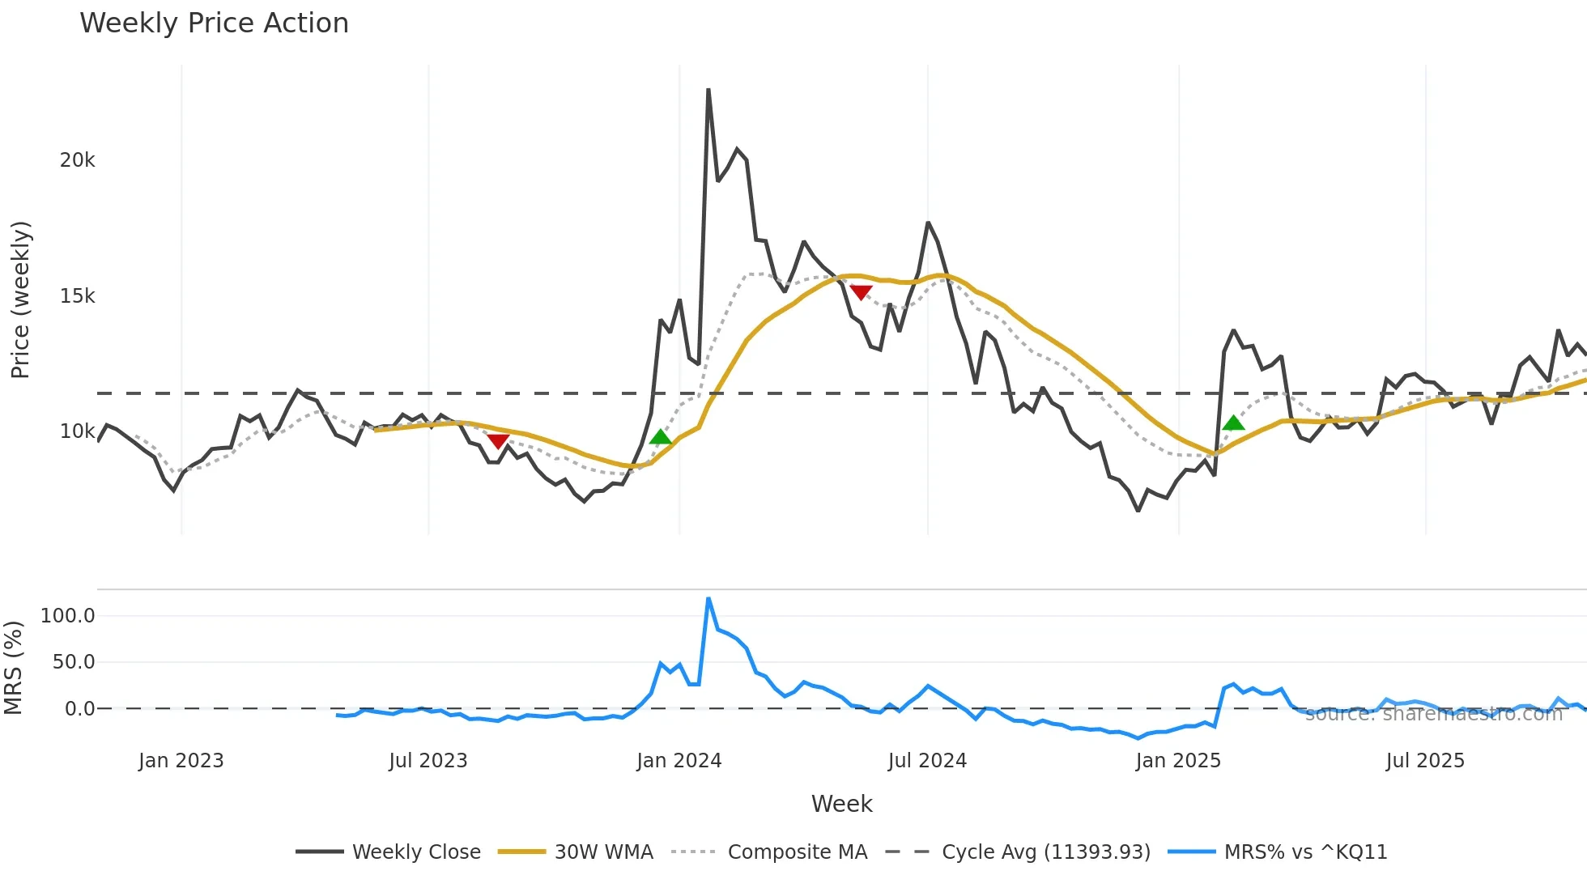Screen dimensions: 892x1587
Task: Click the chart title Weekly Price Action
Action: pos(214,23)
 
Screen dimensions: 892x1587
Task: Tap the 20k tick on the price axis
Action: pos(77,160)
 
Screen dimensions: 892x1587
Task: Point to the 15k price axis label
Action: pos(77,296)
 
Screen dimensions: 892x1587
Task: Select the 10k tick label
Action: pos(77,431)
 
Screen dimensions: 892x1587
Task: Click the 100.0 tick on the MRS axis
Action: pos(67,616)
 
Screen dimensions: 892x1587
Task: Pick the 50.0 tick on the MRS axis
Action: pos(73,662)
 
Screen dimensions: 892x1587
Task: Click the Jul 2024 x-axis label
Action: pos(927,761)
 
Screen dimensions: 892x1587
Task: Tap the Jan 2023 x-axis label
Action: pos(181,761)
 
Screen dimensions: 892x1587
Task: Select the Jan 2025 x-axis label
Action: pos(1177,761)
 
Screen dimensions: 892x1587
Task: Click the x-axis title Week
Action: pos(841,804)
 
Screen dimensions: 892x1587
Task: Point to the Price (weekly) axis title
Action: pos(20,299)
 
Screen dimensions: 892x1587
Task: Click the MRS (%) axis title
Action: pos(13,668)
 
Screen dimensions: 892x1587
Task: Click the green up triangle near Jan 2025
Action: pos(1233,423)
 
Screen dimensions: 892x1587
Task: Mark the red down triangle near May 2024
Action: pos(861,292)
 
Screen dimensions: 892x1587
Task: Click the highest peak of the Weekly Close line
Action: pos(708,90)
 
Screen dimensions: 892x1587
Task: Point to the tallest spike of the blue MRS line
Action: pos(708,599)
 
